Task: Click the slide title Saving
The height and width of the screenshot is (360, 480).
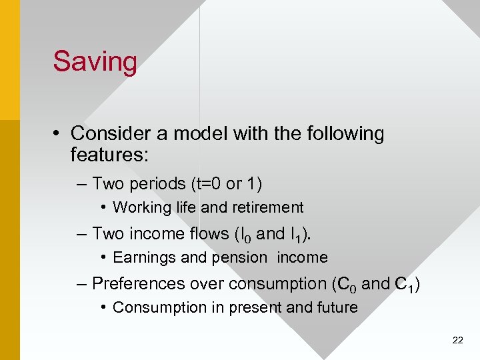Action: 95,61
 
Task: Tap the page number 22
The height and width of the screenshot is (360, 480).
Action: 457,340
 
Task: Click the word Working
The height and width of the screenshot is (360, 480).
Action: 142,208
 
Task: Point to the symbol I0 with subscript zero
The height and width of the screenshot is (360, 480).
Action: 244,235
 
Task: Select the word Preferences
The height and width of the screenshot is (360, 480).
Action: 139,284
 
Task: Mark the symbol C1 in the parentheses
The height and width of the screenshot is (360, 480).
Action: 405,285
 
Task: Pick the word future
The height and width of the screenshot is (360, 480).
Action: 335,308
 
